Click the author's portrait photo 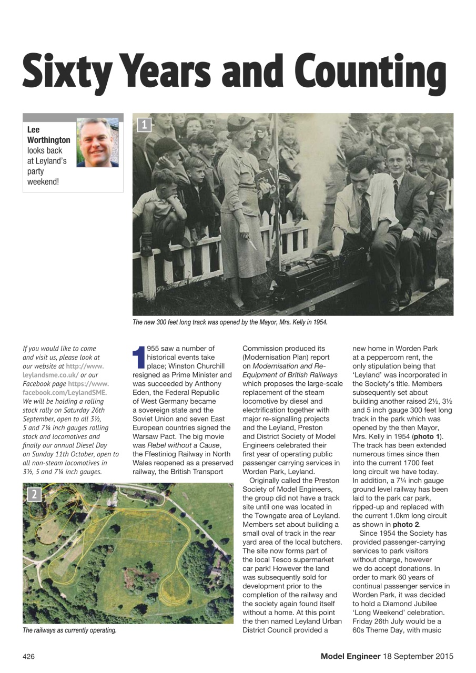pyautogui.click(x=97, y=142)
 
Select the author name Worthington pyautogui.click(x=48, y=140)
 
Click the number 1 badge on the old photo pyautogui.click(x=145, y=125)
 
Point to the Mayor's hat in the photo pyautogui.click(x=240, y=124)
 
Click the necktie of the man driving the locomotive pyautogui.click(x=365, y=216)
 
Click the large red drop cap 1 pyautogui.click(x=139, y=357)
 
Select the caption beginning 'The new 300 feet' pyautogui.click(x=230, y=322)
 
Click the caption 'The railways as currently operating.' pyautogui.click(x=69, y=630)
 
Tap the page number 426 pyautogui.click(x=29, y=656)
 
